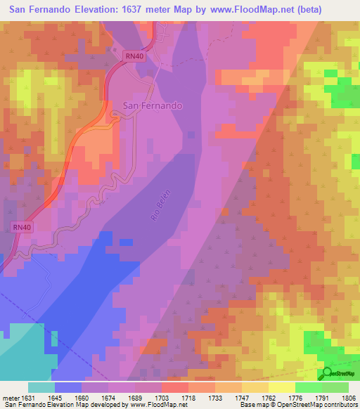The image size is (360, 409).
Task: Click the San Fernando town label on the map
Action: click(153, 105)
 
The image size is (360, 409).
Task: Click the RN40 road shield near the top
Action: click(134, 55)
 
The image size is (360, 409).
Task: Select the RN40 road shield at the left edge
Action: click(22, 227)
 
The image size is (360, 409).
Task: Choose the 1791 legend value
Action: click(325, 398)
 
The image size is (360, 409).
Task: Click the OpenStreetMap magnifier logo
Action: click(326, 374)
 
